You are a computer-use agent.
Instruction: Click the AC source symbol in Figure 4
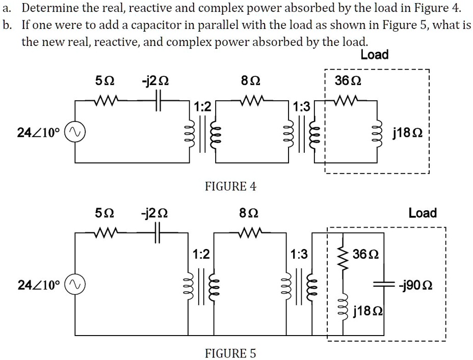click(74, 133)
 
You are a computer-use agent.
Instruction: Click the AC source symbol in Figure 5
click(74, 285)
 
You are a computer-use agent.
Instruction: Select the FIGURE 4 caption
click(230, 187)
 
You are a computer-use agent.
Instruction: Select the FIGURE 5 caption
click(230, 353)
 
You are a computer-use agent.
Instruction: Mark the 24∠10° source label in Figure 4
click(38, 133)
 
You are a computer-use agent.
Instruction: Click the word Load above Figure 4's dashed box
click(374, 54)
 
